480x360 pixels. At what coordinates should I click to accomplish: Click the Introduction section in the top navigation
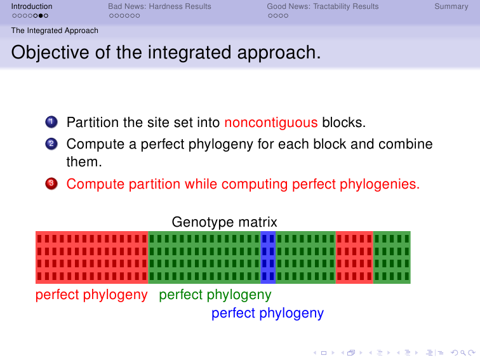click(32, 6)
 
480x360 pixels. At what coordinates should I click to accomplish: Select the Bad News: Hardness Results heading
click(159, 6)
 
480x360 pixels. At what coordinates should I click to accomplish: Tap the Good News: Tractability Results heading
click(323, 6)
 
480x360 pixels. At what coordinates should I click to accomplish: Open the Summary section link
click(451, 6)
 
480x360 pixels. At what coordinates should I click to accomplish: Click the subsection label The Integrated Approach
click(55, 30)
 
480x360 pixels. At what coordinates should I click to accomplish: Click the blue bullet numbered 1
click(51, 122)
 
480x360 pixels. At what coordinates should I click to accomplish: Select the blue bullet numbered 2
click(51, 144)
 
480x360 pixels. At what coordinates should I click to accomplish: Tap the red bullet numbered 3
click(51, 183)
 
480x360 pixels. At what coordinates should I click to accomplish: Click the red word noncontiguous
click(271, 123)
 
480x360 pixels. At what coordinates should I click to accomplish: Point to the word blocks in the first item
click(343, 123)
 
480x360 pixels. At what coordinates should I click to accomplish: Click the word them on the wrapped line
click(84, 162)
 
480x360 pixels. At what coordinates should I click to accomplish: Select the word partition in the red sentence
click(154, 184)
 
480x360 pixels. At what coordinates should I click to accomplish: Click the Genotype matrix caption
click(224, 222)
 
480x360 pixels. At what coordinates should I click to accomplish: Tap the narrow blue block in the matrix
click(268, 257)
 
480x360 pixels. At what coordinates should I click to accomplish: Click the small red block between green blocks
click(354, 257)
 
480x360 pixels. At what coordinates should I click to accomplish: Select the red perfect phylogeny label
click(91, 295)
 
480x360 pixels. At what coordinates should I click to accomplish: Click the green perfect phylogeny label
click(215, 295)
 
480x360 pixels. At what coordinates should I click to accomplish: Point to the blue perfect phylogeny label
click(267, 313)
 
